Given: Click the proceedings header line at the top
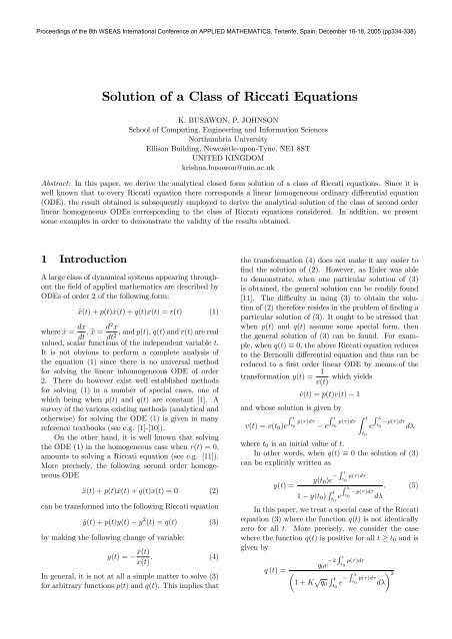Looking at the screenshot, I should [x=226, y=9].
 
